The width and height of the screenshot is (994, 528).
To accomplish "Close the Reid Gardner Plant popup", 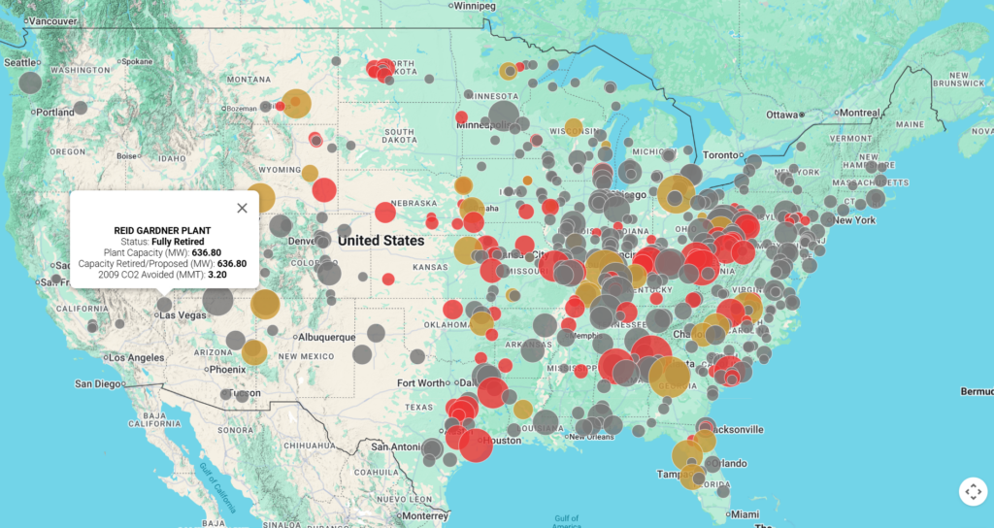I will [242, 207].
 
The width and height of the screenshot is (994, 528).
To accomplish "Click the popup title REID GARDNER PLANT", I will [162, 230].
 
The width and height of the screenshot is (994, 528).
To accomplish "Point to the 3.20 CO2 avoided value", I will [217, 275].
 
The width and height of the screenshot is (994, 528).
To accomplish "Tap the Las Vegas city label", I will [183, 315].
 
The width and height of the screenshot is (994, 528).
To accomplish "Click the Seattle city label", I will [19, 62].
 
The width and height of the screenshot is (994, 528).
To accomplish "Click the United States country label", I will [381, 240].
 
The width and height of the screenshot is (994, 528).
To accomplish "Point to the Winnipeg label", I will [474, 6].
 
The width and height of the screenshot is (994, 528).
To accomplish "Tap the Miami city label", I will [745, 513].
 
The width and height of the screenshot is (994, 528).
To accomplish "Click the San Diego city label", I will [101, 383].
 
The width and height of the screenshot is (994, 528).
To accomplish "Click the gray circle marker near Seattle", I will [30, 82].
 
